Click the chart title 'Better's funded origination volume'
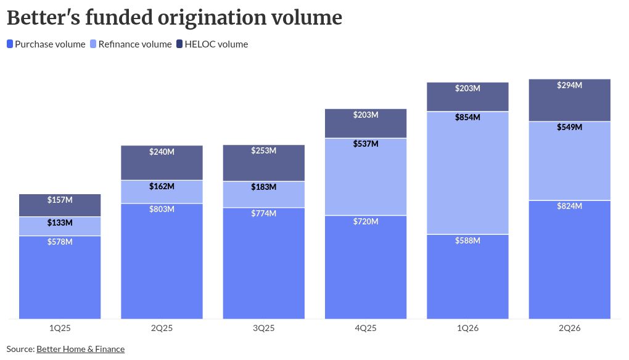coord(175,18)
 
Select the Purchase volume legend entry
coord(46,44)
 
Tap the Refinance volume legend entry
coord(131,44)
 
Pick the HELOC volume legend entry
coord(212,44)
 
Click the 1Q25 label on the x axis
coord(60,328)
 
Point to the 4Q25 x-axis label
coord(366,328)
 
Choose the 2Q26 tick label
coord(570,328)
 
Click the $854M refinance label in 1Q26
coord(467,118)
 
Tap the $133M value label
coord(60,223)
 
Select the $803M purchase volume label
coord(162,209)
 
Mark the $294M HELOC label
coord(569,85)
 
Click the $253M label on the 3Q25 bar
coord(263,151)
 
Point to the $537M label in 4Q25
coord(366,144)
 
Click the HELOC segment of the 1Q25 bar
coord(60,205)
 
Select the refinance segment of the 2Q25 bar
coord(162,192)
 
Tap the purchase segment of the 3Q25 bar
coord(263,263)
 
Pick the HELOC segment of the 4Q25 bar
coord(366,123)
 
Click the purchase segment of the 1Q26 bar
coord(467,277)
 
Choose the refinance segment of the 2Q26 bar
coord(570,161)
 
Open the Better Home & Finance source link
coord(81,349)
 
